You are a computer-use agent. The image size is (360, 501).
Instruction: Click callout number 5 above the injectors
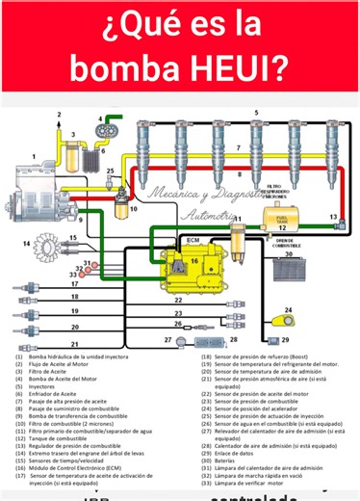coord(255,113)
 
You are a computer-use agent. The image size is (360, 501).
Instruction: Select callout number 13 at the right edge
coord(333,219)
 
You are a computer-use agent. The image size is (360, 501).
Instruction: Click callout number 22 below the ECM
coord(177,300)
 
